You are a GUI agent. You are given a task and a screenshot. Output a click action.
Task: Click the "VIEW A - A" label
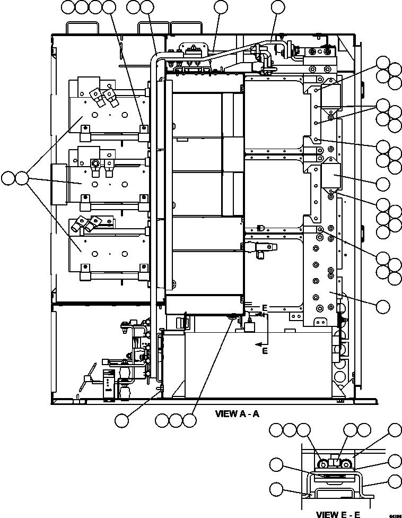point(237,413)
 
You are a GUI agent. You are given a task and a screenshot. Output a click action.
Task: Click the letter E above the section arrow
point(264,308)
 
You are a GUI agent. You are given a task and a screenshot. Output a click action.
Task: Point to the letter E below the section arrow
point(265,351)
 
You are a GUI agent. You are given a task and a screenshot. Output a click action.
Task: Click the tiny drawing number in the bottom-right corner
point(394,515)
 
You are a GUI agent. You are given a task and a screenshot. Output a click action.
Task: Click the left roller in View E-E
point(322,465)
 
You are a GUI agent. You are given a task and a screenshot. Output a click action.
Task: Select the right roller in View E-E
point(347,465)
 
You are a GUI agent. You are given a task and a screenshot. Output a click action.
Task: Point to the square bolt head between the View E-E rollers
point(334,462)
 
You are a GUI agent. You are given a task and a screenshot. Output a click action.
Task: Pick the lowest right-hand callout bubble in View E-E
point(394,481)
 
